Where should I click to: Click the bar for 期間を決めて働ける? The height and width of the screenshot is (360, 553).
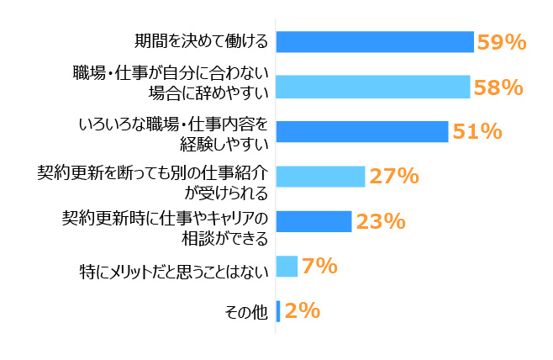tap(375, 41)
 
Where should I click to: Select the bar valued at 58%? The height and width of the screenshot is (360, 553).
tap(372, 86)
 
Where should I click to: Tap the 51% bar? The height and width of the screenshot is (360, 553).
tap(361, 131)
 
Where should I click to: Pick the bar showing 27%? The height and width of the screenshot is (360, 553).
tap(320, 176)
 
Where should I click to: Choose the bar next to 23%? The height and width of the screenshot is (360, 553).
tap(313, 220)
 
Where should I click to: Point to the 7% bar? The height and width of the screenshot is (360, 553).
tap(287, 266)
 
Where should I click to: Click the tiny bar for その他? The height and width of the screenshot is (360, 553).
tap(278, 311)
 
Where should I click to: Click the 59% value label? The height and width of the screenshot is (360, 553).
tap(501, 41)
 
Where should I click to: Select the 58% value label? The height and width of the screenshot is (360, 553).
tap(497, 86)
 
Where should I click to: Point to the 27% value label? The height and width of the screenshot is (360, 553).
tap(393, 176)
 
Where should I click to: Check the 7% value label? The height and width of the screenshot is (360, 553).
tap(319, 267)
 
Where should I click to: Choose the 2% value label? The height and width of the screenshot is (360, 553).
tap(302, 311)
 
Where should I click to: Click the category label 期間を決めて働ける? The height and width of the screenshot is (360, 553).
tap(202, 41)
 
